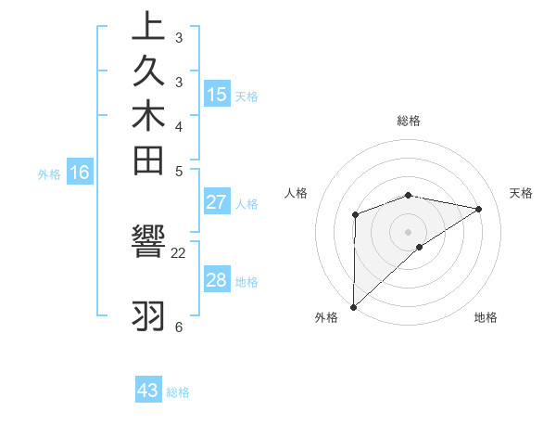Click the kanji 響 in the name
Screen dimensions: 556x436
pyautogui.click(x=148, y=244)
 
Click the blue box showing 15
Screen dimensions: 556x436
pyautogui.click(x=217, y=94)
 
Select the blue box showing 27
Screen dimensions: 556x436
pyautogui.click(x=217, y=203)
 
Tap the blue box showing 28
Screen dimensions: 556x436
pyautogui.click(x=217, y=280)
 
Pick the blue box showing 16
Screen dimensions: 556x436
pyautogui.click(x=80, y=172)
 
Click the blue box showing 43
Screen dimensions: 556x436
pyautogui.click(x=148, y=391)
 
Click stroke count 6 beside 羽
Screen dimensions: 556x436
pyautogui.click(x=178, y=327)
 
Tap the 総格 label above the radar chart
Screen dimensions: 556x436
pyautogui.click(x=408, y=121)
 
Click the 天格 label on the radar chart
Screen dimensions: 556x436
pyautogui.click(x=521, y=193)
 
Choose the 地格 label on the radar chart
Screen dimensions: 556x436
pyautogui.click(x=486, y=317)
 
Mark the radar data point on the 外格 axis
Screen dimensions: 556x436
pyautogui.click(x=353, y=306)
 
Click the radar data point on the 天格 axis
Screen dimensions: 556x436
pyautogui.click(x=478, y=209)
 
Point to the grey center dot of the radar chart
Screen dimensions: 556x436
pyautogui.click(x=408, y=231)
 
